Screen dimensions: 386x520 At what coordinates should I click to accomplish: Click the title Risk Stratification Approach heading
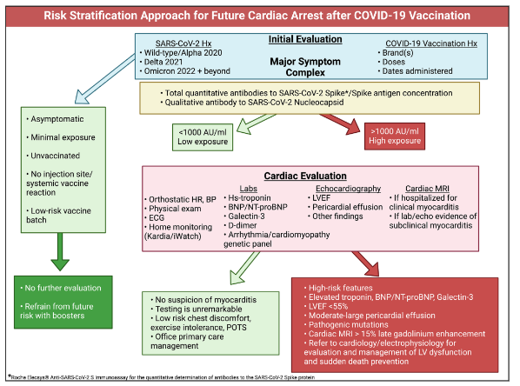pyautogui.click(x=260, y=14)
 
